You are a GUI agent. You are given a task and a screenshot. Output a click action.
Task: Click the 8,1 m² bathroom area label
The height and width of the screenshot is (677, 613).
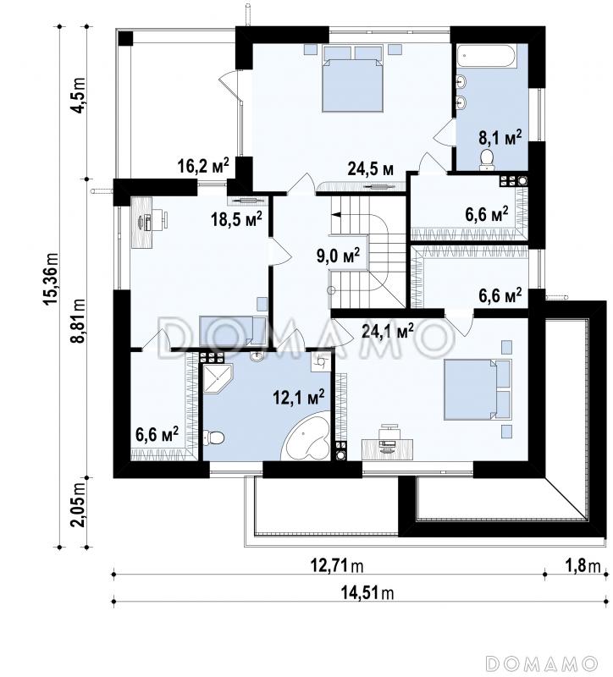coord(500,138)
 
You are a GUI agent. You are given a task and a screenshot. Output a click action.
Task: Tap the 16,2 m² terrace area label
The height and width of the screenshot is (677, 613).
coord(203,165)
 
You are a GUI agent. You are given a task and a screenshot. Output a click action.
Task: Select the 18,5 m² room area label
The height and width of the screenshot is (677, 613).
coord(236,219)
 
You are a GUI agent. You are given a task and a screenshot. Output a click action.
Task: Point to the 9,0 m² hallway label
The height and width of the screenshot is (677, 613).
coord(339,256)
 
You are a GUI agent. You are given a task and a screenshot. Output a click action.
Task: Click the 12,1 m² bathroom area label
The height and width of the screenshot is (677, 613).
coord(299,397)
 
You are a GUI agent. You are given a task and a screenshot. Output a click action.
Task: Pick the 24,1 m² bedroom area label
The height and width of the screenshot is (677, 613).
coord(388,332)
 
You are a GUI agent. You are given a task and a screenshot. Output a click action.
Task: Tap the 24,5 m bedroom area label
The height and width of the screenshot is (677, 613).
coord(371,169)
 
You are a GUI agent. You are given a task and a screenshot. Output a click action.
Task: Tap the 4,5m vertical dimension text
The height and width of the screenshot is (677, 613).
coord(79,96)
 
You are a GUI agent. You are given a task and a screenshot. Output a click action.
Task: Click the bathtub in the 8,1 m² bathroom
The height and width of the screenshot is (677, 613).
coord(487,56)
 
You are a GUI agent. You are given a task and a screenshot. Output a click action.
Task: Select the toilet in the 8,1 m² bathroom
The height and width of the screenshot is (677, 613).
coord(488,158)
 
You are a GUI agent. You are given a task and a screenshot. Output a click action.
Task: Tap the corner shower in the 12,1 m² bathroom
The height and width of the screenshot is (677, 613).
coord(218,377)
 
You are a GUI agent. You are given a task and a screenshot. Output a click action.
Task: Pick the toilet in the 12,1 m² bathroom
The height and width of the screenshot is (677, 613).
coord(213,438)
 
